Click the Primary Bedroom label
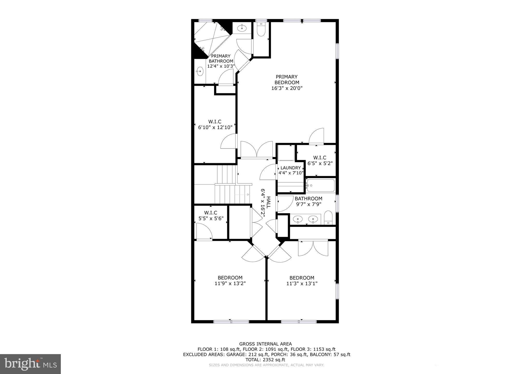coord(286,80)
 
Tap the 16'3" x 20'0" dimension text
coord(287,88)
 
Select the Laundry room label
coord(291,168)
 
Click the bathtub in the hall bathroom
coord(320,185)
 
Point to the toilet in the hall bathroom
coord(328,217)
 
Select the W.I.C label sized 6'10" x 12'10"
coord(215,122)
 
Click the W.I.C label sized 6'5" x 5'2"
coord(320,158)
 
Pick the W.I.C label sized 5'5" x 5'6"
coord(210,213)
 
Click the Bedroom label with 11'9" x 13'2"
coord(230,278)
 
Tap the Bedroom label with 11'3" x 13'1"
coord(302,278)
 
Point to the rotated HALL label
coord(268,202)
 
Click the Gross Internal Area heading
coord(265,344)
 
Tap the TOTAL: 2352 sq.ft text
coord(265,360)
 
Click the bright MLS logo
coord(31,364)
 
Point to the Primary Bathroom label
coord(221,59)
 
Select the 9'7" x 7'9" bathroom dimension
coord(308,204)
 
